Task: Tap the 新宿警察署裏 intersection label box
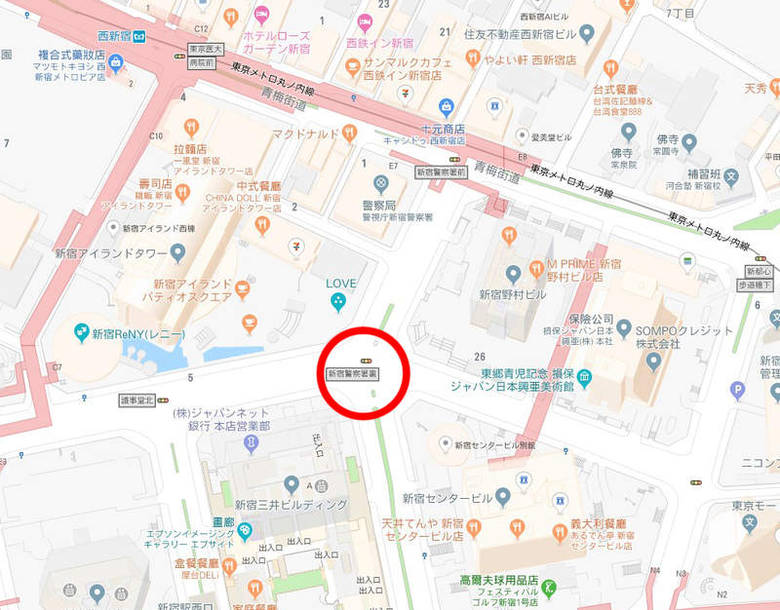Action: coord(353,372)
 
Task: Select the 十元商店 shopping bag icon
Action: coord(446,106)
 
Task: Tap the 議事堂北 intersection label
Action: coord(137,400)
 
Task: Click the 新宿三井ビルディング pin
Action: coord(291,484)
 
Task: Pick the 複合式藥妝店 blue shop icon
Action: coord(116,63)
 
